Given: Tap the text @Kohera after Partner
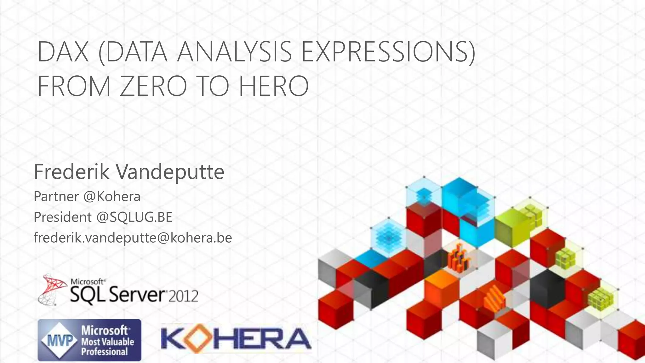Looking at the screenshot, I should point(112,197).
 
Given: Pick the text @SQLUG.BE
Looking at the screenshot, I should point(134,217).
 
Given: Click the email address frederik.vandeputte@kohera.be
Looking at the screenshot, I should point(133,238).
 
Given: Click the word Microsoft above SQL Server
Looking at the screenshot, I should point(88,281).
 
